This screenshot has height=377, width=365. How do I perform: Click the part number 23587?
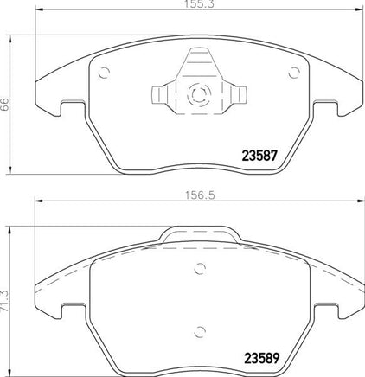tap(259, 156)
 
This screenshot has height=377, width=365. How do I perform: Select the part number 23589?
tap(262, 358)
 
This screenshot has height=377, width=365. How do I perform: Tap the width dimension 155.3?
tap(199, 3)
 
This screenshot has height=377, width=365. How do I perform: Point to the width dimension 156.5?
tap(200, 195)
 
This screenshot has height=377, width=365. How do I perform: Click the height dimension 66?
tap(4, 105)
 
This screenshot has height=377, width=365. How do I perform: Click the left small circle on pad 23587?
tap(104, 73)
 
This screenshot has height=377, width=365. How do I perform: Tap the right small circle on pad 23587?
tap(294, 73)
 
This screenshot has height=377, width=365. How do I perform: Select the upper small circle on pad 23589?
tap(200, 269)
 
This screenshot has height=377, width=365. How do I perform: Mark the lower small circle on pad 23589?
tap(200, 332)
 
